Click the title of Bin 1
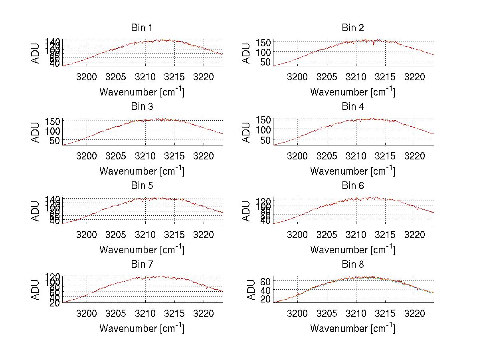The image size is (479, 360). click(141, 28)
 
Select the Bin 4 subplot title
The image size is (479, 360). click(353, 107)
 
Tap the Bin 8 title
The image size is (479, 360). click(353, 265)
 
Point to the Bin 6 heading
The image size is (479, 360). click(353, 186)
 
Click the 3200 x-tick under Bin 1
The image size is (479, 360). click(87, 77)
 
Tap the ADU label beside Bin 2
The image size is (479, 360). click(247, 54)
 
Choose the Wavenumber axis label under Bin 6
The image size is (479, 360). click(353, 250)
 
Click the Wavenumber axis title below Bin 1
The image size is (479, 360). click(142, 92)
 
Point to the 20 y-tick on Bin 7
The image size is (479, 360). click(55, 303)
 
